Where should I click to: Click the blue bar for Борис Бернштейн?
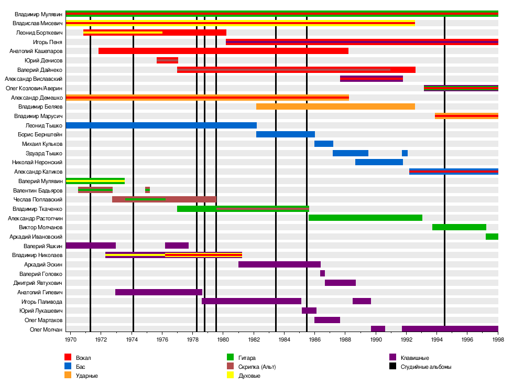(x=285, y=134)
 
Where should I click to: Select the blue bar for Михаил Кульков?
(x=323, y=144)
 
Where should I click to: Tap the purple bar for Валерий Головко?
(x=322, y=273)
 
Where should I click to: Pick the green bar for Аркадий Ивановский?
(x=492, y=237)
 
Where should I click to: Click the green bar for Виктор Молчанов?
(x=459, y=227)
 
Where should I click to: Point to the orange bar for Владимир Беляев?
(x=335, y=106)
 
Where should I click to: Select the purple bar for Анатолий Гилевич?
(x=158, y=292)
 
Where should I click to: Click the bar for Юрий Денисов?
(x=167, y=60)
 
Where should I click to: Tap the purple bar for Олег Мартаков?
(x=327, y=320)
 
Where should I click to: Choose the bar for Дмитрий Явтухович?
(x=340, y=283)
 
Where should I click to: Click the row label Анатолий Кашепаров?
(x=36, y=51)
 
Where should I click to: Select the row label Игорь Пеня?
(x=48, y=42)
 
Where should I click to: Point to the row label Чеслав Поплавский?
(x=38, y=199)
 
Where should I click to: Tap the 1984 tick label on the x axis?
(x=284, y=340)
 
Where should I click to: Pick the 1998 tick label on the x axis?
(x=498, y=340)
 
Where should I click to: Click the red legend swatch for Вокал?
(x=68, y=357)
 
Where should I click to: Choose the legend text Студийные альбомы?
(x=425, y=367)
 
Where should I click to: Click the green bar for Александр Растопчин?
(x=365, y=218)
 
